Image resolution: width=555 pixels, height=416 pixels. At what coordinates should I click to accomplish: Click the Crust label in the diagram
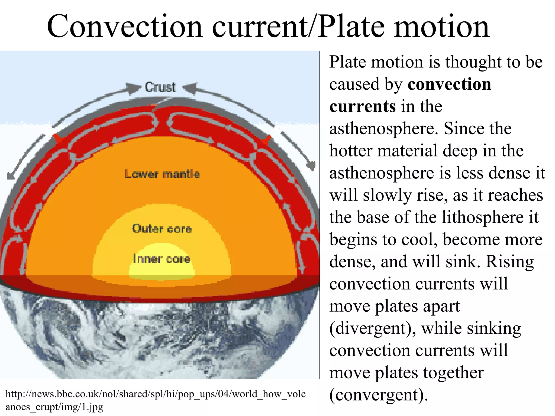[x=160, y=87]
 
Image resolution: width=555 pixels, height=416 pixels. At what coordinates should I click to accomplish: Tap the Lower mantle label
[x=162, y=174]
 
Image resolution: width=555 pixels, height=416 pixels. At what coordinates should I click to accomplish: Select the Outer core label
[x=162, y=229]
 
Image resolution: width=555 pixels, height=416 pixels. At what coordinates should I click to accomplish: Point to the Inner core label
[x=162, y=259]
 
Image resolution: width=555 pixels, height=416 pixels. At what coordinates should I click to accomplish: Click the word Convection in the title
[x=125, y=27]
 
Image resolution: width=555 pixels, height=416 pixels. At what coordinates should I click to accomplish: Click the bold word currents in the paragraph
[x=363, y=106]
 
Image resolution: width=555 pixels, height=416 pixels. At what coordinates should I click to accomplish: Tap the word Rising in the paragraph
[x=510, y=262]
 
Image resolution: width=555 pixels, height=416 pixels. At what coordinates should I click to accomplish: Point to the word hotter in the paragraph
[x=351, y=151]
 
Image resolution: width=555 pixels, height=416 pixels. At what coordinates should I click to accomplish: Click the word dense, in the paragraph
[x=352, y=262]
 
